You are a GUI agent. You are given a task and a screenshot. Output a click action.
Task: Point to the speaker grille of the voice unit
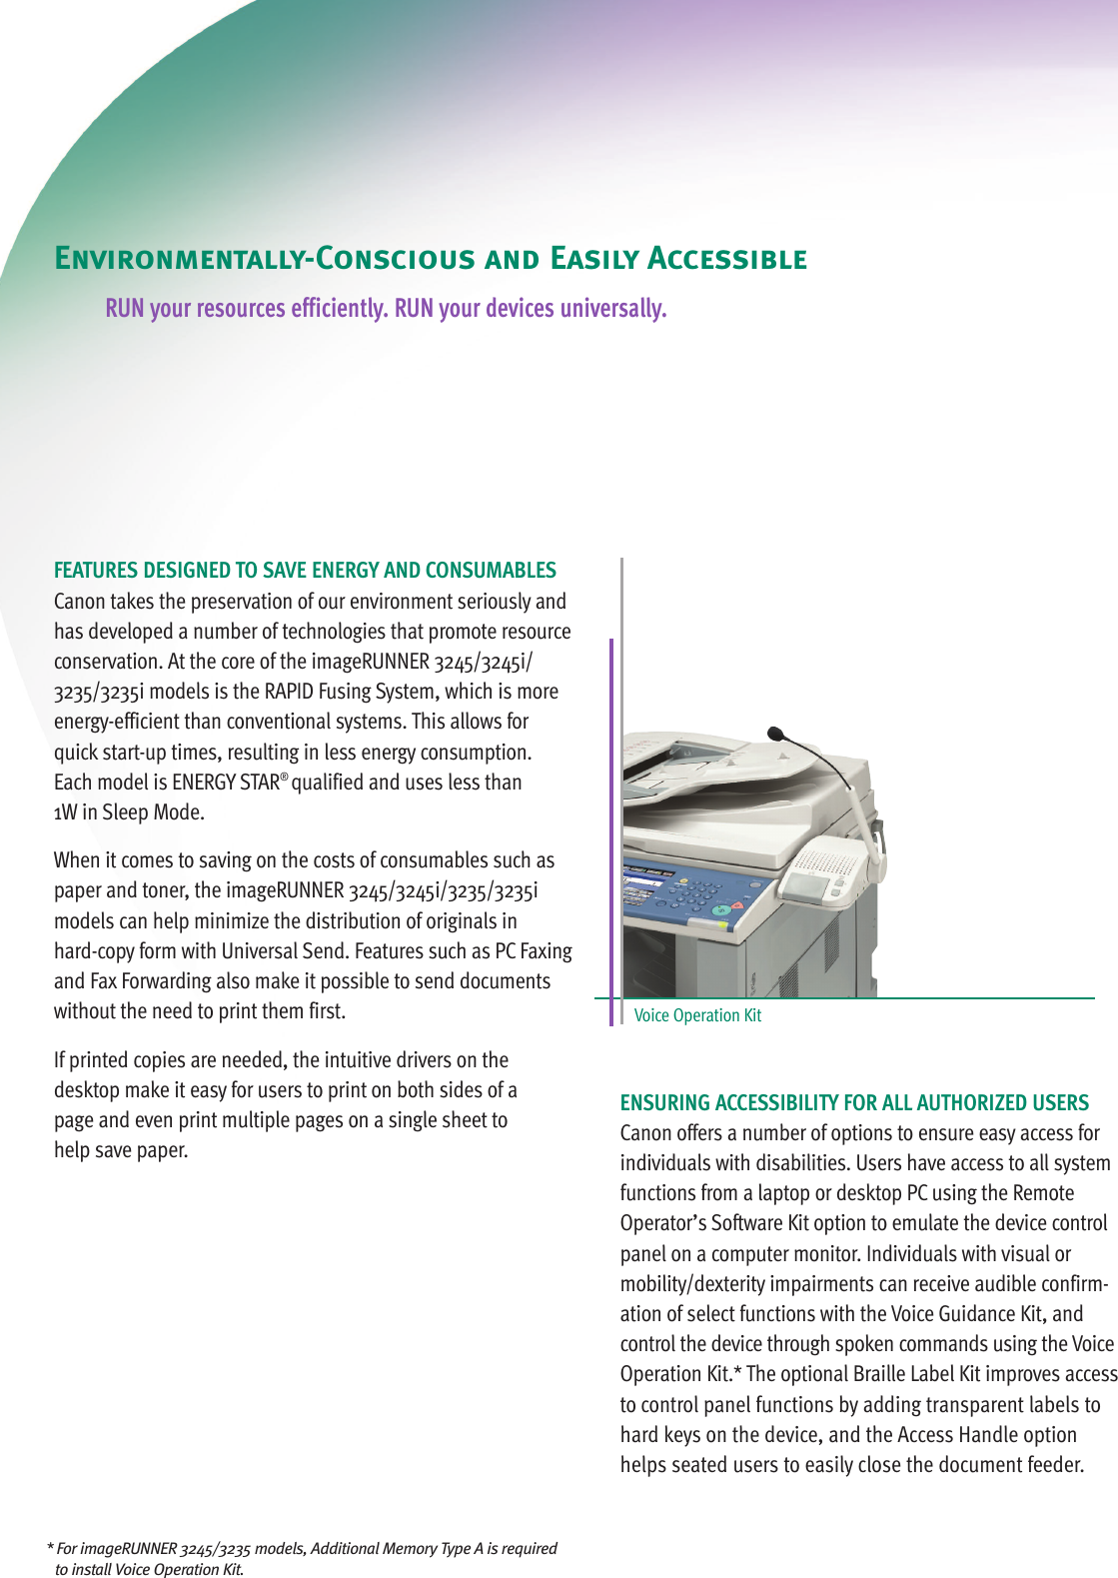tap(825, 863)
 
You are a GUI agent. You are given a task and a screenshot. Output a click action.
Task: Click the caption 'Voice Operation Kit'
tap(697, 1015)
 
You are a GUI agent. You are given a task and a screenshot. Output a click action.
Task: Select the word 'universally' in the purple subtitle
tap(611, 308)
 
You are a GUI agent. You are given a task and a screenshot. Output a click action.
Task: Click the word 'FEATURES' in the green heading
tap(96, 571)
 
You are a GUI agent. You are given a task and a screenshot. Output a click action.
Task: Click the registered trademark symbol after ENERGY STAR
tap(285, 776)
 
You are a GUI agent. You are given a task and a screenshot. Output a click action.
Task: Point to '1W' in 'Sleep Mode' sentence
tap(66, 812)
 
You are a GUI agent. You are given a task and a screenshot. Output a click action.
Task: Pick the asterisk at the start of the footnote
tap(50, 1548)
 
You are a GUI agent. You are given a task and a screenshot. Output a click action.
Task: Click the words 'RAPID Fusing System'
tap(352, 692)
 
